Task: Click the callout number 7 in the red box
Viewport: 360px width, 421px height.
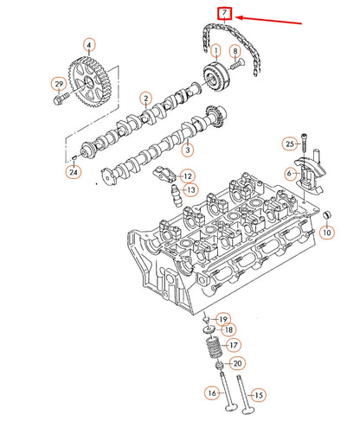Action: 225,13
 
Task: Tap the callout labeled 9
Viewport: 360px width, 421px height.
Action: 235,54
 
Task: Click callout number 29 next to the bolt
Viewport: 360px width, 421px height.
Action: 59,84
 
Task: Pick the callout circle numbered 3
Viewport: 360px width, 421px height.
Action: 186,150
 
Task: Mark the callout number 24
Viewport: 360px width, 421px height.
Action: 73,173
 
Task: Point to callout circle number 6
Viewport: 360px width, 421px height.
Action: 290,174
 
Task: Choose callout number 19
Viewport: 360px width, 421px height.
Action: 222,319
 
